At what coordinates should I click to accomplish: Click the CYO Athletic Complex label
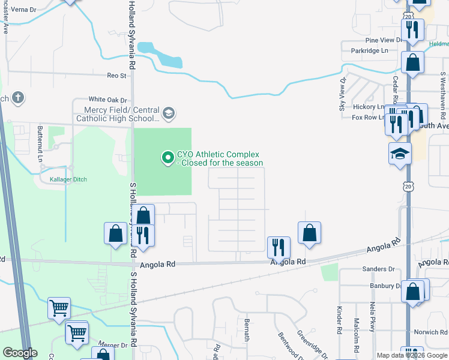click(x=220, y=158)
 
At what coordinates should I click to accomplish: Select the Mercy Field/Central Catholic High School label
click(x=118, y=114)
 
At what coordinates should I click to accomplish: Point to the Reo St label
click(x=116, y=76)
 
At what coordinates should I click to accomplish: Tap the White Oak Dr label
click(x=108, y=100)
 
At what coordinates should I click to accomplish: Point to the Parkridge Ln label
click(x=369, y=51)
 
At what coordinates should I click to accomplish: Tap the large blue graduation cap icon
click(x=399, y=154)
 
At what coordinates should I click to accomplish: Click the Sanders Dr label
click(x=378, y=269)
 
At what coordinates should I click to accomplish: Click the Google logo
click(x=20, y=353)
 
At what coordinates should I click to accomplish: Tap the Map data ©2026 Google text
click(x=411, y=355)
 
